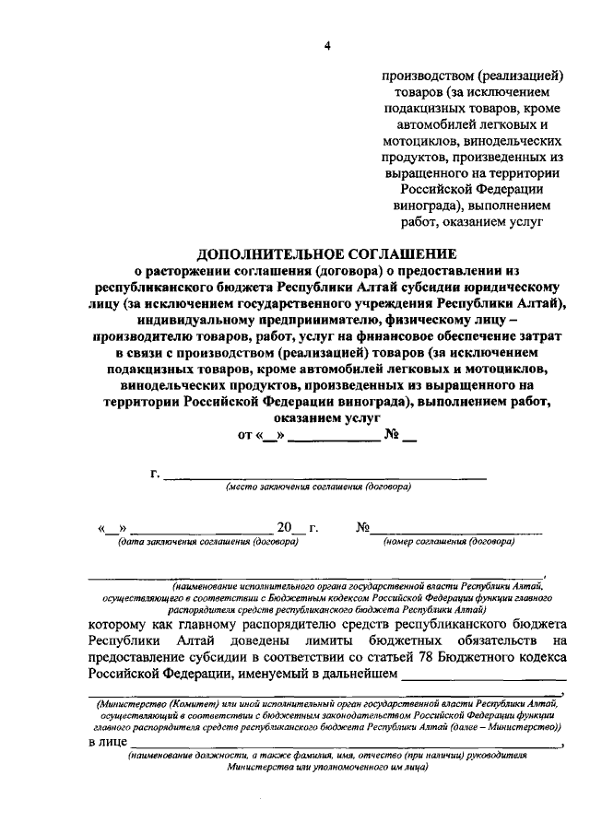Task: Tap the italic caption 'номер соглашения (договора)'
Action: pos(449,542)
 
